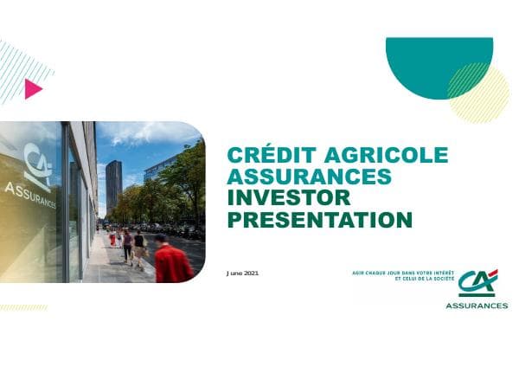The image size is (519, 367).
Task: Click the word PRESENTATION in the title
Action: (x=318, y=220)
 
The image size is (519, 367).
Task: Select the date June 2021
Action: (x=242, y=273)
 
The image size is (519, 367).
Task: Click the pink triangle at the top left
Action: (x=33, y=89)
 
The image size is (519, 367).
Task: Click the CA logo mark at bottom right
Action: (x=477, y=283)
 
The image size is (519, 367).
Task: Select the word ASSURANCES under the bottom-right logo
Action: (x=477, y=306)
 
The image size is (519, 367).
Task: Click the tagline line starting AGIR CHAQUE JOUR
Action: (x=397, y=273)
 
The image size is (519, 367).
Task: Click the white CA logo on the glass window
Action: (x=36, y=164)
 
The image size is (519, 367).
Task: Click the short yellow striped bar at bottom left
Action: (x=23, y=307)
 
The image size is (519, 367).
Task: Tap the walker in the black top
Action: (x=139, y=246)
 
